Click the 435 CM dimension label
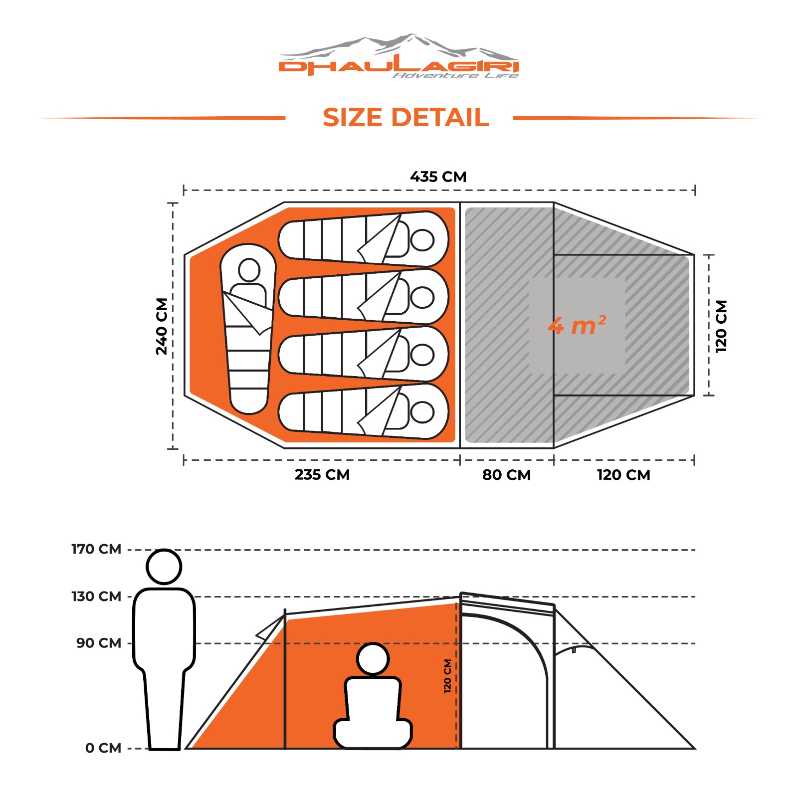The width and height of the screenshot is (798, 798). coord(438,177)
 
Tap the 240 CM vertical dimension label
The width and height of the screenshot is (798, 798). coord(162,326)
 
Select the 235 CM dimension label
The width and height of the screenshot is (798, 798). coord(322,474)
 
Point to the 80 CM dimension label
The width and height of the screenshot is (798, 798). coord(506,475)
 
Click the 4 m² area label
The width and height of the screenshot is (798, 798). coord(577,326)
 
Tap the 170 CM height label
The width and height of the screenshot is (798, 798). coord(96,549)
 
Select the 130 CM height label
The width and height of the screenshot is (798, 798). coord(96,596)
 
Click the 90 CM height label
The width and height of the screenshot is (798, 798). coord(99,643)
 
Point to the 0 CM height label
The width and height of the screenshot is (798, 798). coord(103,748)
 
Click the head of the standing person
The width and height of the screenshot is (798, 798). coord(164,567)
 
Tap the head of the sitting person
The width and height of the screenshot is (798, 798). coord(373,659)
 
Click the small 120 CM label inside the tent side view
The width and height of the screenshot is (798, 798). coord(447,676)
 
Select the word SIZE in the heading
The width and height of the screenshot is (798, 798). coord(353,118)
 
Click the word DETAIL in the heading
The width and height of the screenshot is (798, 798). coord(440,118)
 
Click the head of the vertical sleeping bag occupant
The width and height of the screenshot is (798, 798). coord(249,270)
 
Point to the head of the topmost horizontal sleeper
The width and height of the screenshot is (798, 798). coord(422,240)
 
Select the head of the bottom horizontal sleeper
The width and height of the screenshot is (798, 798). coord(422,412)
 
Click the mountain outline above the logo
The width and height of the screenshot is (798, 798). coord(399,44)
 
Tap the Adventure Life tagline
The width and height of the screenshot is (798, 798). coord(455,75)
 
